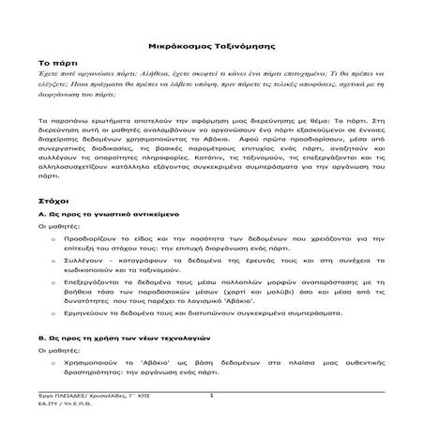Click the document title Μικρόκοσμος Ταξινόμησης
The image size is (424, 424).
click(211, 44)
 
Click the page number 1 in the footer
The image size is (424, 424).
click(212, 396)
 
